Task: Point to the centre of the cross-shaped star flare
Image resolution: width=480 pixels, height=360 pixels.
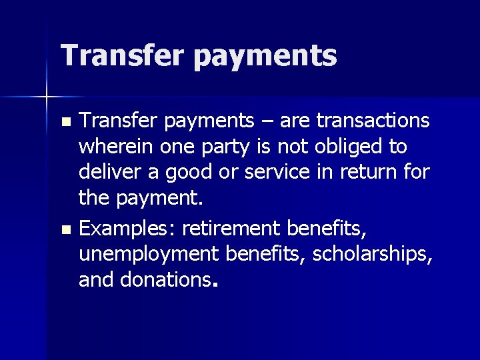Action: tap(47, 97)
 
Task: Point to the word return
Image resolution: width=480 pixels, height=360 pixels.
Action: tap(367, 172)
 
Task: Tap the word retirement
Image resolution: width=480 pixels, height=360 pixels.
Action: tap(231, 229)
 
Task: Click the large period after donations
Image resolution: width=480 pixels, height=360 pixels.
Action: tap(213, 285)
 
